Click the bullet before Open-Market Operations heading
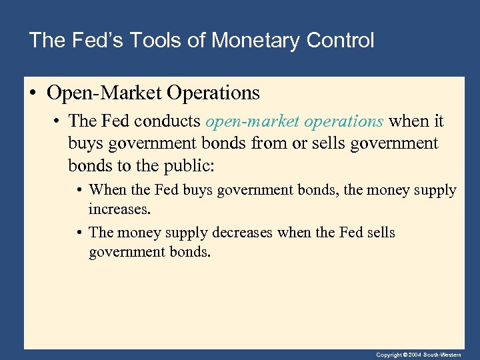click(x=34, y=93)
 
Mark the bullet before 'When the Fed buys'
click(x=79, y=191)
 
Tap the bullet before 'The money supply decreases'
click(x=79, y=233)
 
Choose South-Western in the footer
click(x=448, y=355)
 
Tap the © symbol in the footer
click(x=405, y=355)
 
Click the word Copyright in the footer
click(x=389, y=355)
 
